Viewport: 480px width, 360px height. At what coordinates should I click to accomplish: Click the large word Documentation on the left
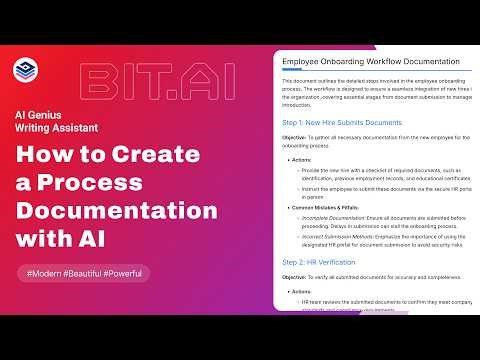117,213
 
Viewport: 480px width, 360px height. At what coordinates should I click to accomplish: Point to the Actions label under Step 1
304,159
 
